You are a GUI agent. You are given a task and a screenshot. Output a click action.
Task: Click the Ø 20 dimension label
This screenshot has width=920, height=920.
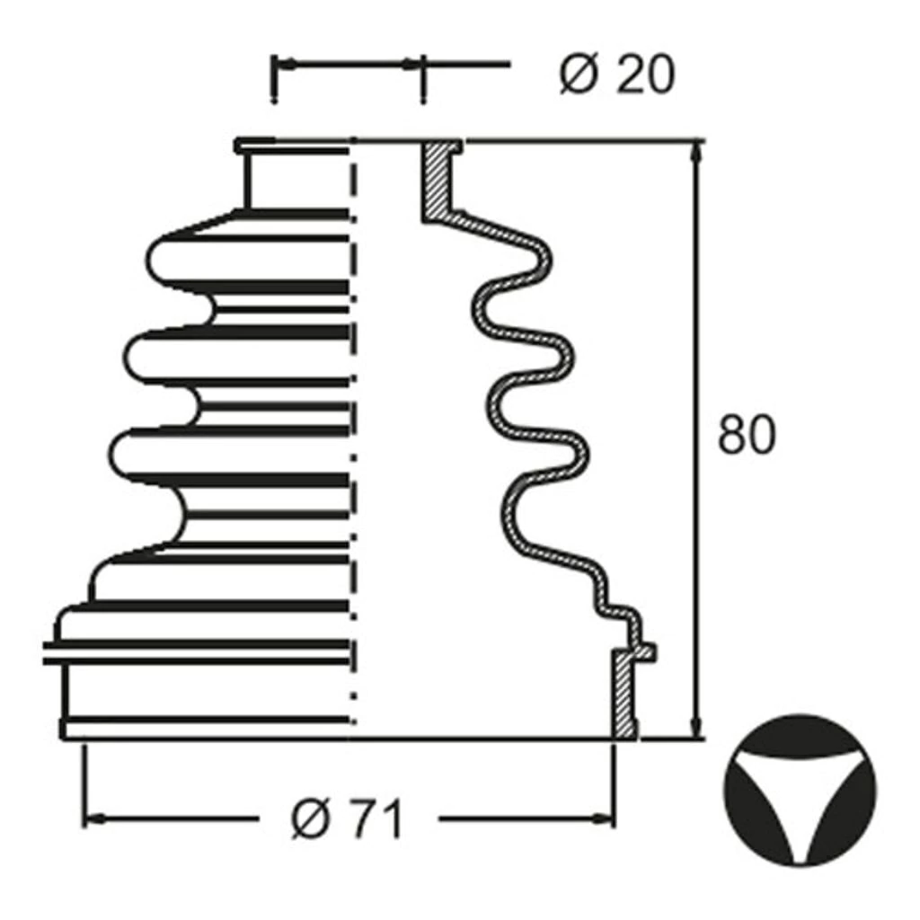coord(617,75)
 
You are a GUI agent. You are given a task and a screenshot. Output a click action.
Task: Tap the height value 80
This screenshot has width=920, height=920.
coord(747,434)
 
